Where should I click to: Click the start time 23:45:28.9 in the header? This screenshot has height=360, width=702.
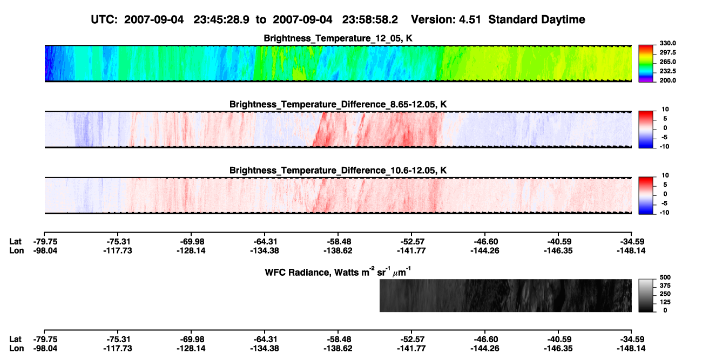[x=221, y=20]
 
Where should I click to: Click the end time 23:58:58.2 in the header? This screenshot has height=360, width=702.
[x=370, y=20]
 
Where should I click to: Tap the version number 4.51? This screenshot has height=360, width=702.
[x=470, y=20]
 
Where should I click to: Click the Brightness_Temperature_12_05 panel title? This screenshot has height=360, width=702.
[x=338, y=38]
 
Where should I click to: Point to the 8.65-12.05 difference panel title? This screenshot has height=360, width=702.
[x=338, y=104]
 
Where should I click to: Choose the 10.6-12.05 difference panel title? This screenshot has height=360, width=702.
[x=338, y=171]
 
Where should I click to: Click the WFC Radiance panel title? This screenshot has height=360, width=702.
[x=338, y=271]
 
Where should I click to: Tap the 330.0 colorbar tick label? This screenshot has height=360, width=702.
[x=667, y=43]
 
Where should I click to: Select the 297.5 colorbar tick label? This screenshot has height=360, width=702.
[x=667, y=52]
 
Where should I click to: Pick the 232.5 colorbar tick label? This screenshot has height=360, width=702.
[x=667, y=71]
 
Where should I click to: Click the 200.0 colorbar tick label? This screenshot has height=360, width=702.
[x=667, y=80]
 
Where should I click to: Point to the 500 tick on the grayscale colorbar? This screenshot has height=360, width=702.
[x=665, y=277]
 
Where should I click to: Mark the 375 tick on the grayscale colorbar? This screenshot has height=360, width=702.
[x=665, y=286]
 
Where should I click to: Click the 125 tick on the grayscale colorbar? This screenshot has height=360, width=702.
[x=665, y=302]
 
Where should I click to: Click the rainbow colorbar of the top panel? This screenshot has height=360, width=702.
[x=646, y=64]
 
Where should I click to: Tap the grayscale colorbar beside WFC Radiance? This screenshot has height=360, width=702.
[x=646, y=295]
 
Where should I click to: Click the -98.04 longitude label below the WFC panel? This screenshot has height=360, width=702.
[x=45, y=349]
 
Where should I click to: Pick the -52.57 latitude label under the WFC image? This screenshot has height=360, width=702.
[x=411, y=339]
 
